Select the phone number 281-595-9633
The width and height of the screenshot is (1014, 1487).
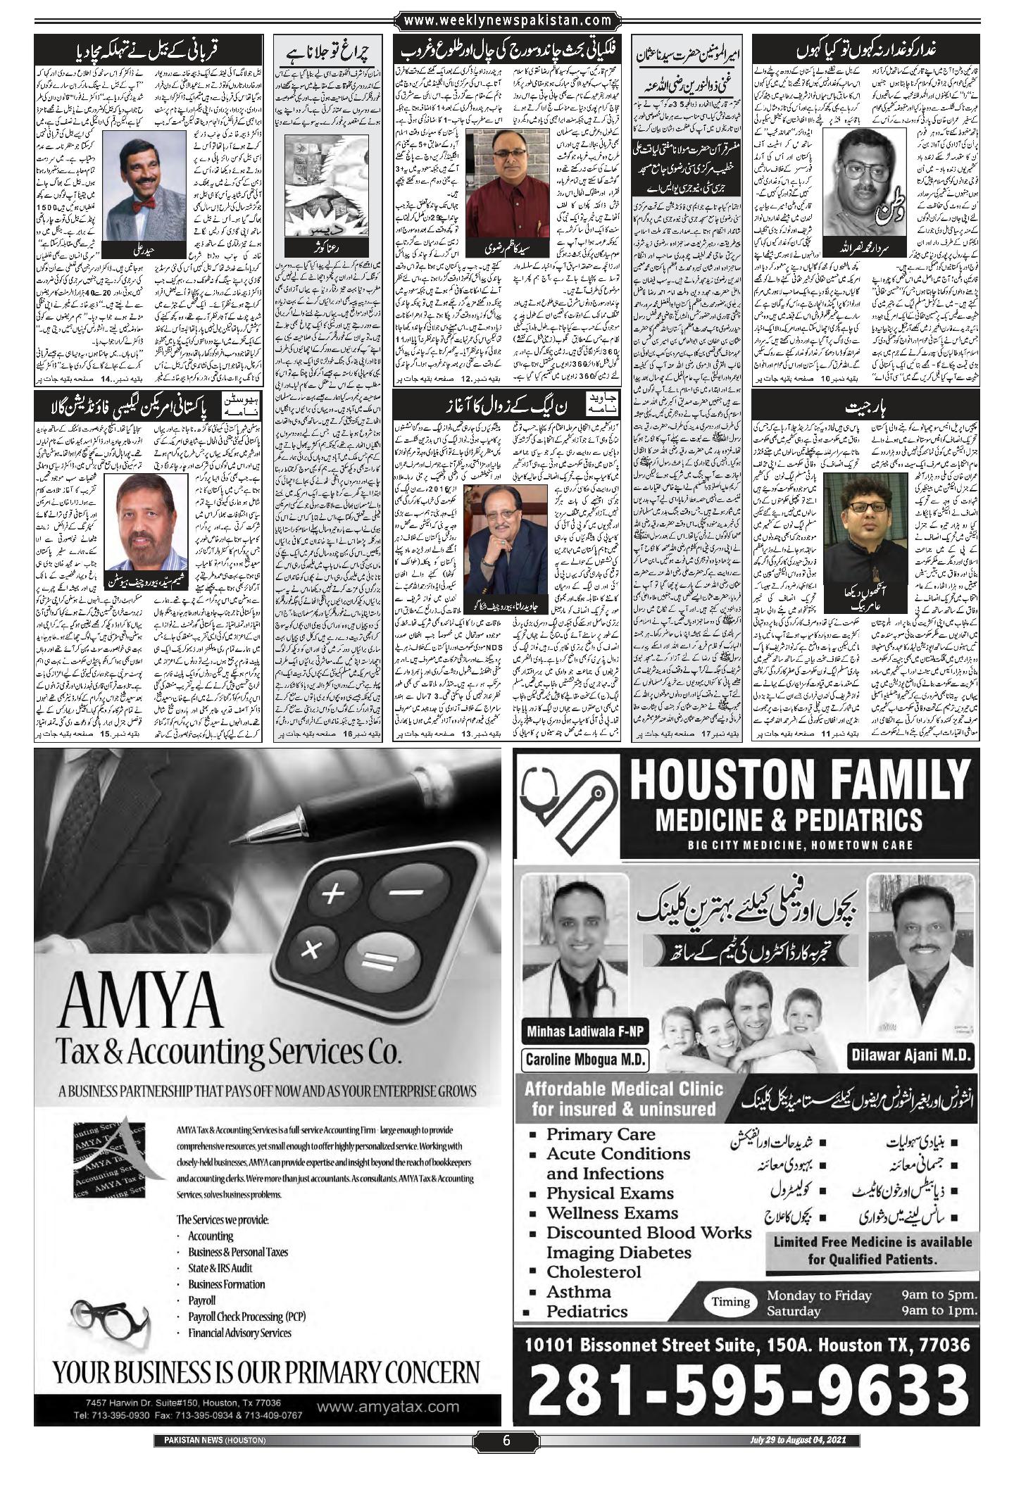click(x=748, y=1394)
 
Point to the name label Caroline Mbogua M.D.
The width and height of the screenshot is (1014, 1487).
click(x=584, y=1060)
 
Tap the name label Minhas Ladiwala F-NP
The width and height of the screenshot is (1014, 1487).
click(x=584, y=1032)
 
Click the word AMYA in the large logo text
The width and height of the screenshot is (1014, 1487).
click(x=140, y=1004)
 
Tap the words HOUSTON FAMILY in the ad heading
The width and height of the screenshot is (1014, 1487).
click(x=799, y=778)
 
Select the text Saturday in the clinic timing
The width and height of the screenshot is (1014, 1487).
click(x=793, y=1311)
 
